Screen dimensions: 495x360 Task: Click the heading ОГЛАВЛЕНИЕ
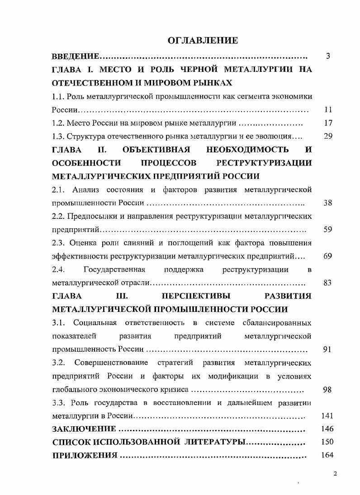coord(202,41)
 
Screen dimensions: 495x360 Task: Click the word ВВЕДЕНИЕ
coord(76,57)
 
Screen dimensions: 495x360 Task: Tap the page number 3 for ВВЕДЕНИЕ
coord(328,57)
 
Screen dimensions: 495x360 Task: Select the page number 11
coord(328,110)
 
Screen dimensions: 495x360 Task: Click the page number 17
coord(328,123)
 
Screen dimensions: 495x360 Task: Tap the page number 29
coord(328,137)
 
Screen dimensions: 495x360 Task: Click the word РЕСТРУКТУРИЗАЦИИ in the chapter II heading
coord(265,163)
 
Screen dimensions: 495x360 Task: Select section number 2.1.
coord(59,189)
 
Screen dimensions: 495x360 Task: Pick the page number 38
coord(328,203)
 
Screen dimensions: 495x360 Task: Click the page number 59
coord(328,230)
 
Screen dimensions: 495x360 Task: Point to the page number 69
coord(328,256)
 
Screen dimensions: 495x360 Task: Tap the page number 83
coord(328,283)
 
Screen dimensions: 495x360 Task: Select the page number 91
coord(328,349)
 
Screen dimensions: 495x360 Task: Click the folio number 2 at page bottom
coord(335,474)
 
